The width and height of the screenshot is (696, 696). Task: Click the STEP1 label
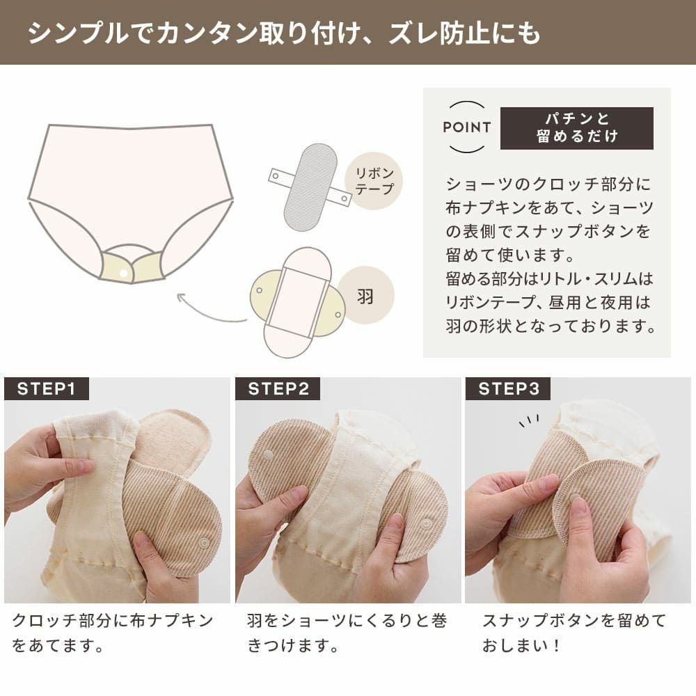coord(46,389)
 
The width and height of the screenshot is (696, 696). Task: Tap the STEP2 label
coord(278,389)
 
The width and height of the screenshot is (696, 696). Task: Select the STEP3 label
coord(508,389)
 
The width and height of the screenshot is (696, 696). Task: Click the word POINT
coord(466,127)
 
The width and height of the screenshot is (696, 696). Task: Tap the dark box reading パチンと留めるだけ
coord(576,128)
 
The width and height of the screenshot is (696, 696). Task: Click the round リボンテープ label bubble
coord(374,181)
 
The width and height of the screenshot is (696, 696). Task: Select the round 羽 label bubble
coord(365,295)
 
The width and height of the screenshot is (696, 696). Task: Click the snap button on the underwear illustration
coord(124,274)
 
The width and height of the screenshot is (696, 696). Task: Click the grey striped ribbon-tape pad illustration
coord(310,187)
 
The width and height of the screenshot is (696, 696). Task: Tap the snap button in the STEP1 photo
coord(204,542)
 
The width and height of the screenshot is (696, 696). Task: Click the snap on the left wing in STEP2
coord(268,455)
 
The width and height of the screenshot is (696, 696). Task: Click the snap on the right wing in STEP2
coord(426,523)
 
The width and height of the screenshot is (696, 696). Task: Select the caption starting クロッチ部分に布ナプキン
coord(112,633)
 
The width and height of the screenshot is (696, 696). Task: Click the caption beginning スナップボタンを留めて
coord(574,633)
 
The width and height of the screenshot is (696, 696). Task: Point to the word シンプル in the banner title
coord(78,33)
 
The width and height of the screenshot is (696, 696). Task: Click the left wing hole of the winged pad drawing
coord(259,290)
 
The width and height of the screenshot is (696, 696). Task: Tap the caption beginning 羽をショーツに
coord(347,633)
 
